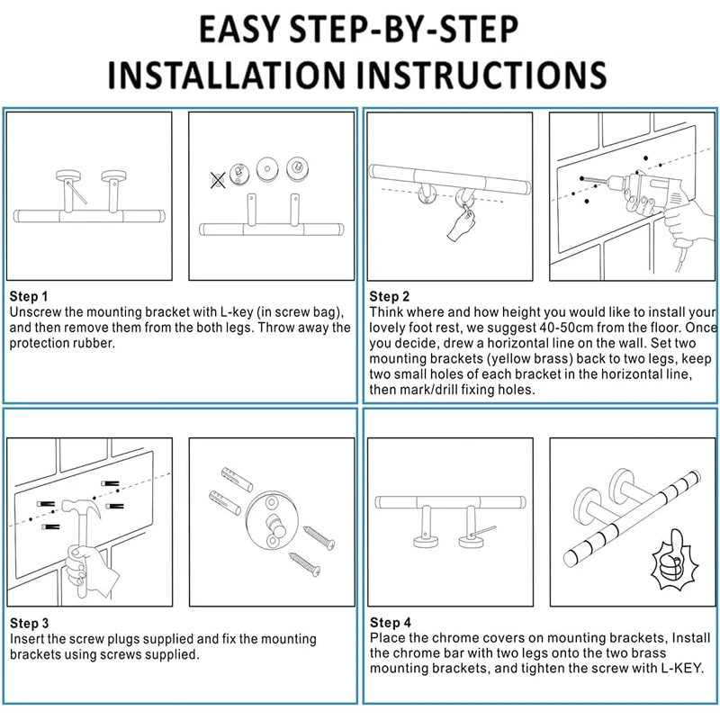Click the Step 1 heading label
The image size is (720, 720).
click(x=29, y=296)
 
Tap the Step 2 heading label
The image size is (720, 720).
click(x=390, y=296)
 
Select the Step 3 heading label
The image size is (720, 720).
click(x=29, y=623)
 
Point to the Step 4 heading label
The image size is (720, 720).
click(x=390, y=622)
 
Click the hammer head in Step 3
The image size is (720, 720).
click(x=89, y=509)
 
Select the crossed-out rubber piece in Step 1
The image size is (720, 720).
click(x=218, y=179)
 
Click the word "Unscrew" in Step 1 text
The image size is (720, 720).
click(x=37, y=311)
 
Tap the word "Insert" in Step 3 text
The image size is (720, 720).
click(x=28, y=639)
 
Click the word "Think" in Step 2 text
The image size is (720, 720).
click(x=389, y=312)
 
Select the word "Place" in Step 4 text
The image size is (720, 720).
click(x=388, y=637)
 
